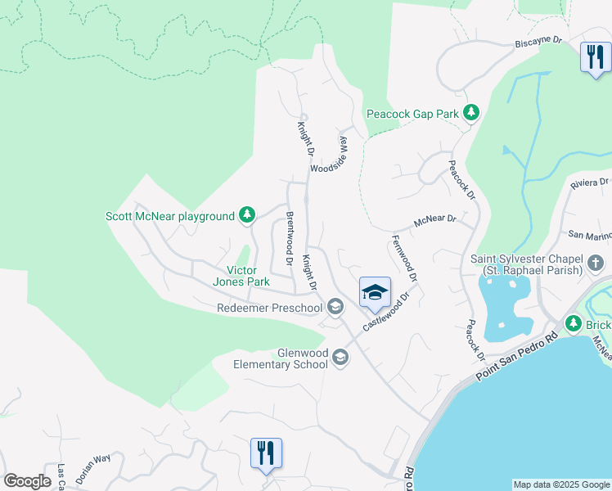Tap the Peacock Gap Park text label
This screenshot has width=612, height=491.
pyautogui.click(x=412, y=114)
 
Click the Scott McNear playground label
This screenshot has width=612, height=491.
pyautogui.click(x=170, y=216)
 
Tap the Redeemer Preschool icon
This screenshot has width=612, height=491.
pyautogui.click(x=334, y=308)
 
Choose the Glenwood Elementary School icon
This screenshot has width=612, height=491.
pyautogui.click(x=340, y=358)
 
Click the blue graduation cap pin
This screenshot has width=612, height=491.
pyautogui.click(x=375, y=293)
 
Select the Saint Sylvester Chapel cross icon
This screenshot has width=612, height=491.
pyautogui.click(x=596, y=264)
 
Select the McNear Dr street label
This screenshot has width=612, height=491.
pyautogui.click(x=434, y=219)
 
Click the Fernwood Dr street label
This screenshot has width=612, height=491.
pyautogui.click(x=404, y=259)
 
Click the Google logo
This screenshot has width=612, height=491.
pyautogui.click(x=27, y=481)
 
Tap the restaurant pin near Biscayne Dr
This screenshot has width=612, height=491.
pyautogui.click(x=593, y=58)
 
